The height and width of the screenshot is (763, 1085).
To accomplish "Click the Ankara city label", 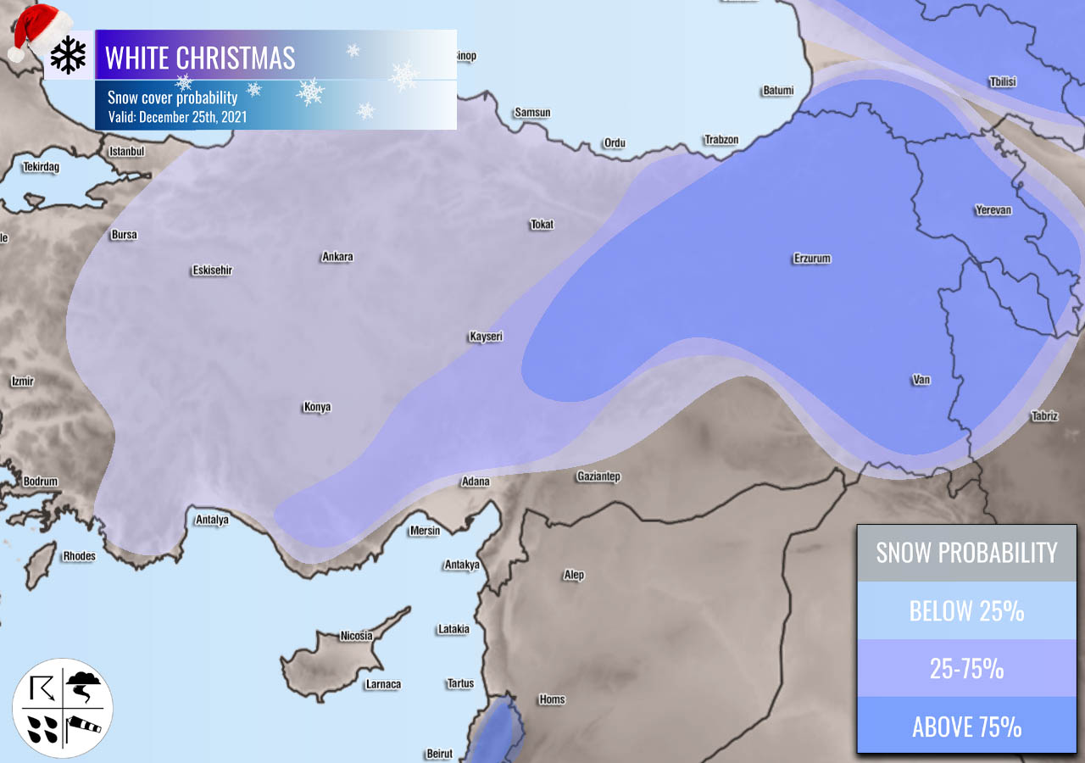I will (337, 257).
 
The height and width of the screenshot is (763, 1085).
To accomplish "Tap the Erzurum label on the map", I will (812, 259).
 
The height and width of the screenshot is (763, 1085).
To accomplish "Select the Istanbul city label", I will (127, 152).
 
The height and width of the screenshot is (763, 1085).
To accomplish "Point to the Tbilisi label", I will (1002, 82).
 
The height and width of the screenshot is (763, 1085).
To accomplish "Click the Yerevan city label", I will (993, 210).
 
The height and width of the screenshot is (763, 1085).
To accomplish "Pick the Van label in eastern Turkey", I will (921, 380).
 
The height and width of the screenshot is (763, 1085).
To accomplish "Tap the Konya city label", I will (317, 408).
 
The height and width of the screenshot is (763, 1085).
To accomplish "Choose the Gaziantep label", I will (598, 476).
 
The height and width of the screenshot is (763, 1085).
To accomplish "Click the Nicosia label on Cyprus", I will (356, 636).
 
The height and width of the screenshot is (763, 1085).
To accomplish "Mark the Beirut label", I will (439, 754).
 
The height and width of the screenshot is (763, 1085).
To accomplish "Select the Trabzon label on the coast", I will (721, 140).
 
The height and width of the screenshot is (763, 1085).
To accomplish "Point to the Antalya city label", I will (212, 520).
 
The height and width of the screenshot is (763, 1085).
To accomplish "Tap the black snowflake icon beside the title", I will (68, 55).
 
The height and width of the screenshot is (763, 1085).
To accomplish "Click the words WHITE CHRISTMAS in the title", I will (200, 58).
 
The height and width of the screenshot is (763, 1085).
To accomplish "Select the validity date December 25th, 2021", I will (178, 117).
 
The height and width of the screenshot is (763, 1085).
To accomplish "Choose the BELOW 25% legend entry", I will (966, 610).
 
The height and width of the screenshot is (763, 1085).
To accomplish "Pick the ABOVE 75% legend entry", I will (966, 727).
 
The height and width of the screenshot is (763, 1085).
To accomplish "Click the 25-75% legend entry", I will (966, 669).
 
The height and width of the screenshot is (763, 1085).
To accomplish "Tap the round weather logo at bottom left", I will (62, 708).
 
